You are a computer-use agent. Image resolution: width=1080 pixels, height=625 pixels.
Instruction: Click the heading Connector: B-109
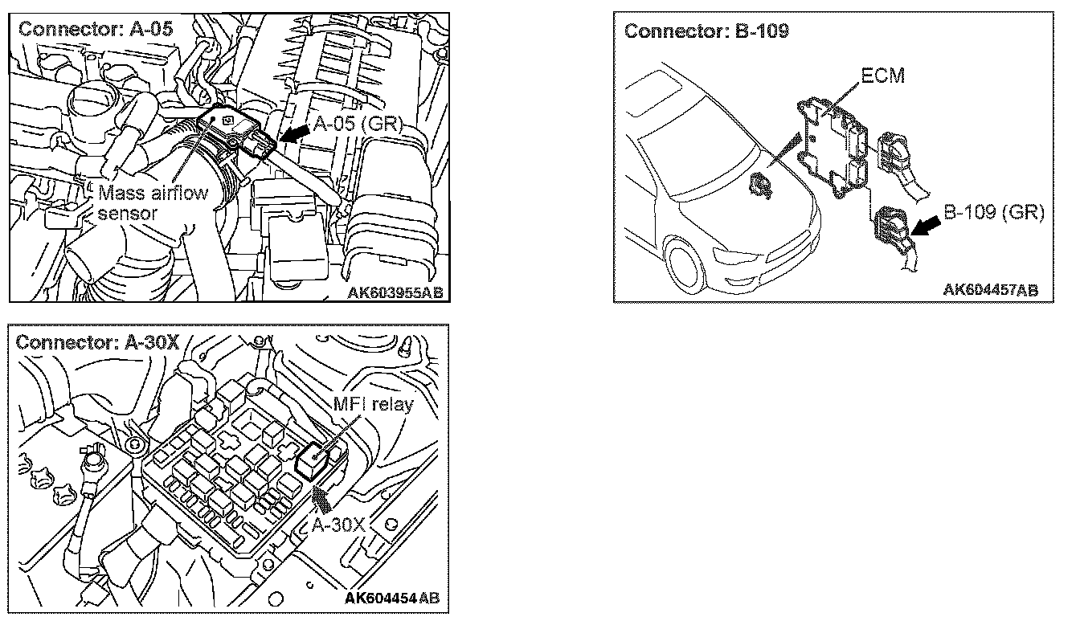tap(706, 31)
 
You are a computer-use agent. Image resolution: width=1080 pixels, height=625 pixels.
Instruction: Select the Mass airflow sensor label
tap(153, 202)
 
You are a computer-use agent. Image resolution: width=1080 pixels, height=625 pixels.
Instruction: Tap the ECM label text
tap(882, 76)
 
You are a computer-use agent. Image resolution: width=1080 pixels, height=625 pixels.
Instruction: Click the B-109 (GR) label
tap(992, 213)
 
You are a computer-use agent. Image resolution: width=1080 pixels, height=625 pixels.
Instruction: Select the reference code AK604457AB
tap(990, 289)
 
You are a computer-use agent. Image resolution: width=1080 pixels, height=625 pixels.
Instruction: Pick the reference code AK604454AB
tap(392, 598)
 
